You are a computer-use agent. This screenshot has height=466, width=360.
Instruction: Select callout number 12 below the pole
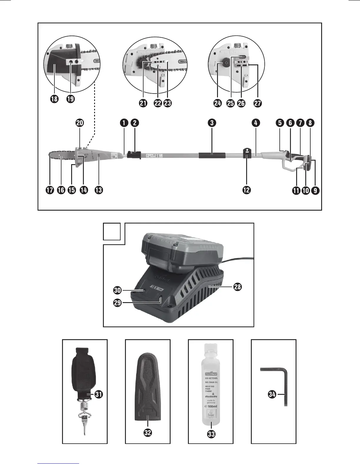pyautogui.click(x=246, y=190)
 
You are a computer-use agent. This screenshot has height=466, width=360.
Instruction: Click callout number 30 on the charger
pyautogui.click(x=117, y=291)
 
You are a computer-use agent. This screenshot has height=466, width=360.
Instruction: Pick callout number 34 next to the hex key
pyautogui.click(x=272, y=394)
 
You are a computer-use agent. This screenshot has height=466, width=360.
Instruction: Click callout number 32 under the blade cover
pyautogui.click(x=148, y=432)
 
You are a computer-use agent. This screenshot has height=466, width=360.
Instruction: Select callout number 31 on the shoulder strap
pyautogui.click(x=99, y=395)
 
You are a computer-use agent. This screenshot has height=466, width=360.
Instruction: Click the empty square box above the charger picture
pyautogui.click(x=112, y=232)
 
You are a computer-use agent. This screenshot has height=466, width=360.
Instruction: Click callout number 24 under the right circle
pyautogui.click(x=218, y=103)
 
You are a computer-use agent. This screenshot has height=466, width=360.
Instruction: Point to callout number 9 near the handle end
pyautogui.click(x=315, y=190)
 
